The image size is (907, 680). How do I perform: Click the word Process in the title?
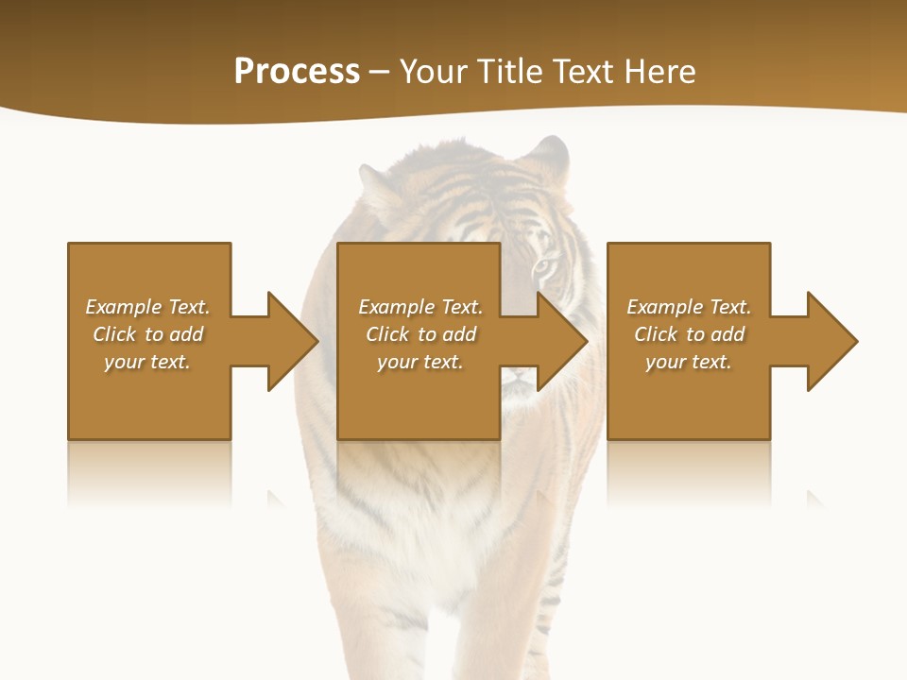(297, 72)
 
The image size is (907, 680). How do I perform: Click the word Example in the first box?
(124, 307)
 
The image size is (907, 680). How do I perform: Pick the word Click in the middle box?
(386, 334)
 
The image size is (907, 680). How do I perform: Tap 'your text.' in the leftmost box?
(147, 362)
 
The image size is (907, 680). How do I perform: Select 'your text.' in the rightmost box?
(689, 362)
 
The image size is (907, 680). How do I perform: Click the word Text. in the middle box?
(460, 307)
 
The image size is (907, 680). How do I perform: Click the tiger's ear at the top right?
(550, 153)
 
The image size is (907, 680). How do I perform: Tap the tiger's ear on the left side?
(375, 185)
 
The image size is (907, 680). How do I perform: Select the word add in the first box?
(187, 334)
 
